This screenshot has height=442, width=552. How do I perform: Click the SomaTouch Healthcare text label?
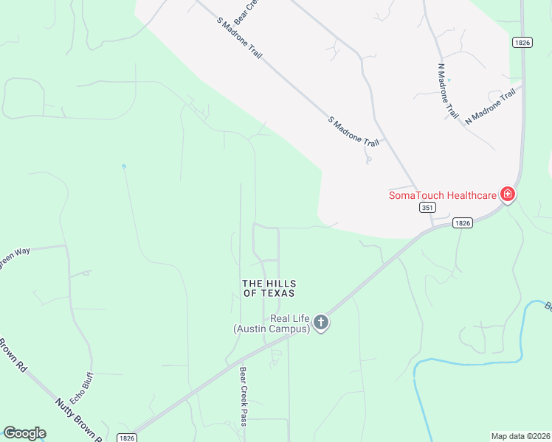(x=443, y=195)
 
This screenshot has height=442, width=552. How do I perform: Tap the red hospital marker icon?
(x=507, y=194)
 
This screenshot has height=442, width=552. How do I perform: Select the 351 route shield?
(x=427, y=208)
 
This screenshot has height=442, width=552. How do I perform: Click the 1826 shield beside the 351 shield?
(x=462, y=222)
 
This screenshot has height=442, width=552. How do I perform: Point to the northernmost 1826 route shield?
(x=523, y=43)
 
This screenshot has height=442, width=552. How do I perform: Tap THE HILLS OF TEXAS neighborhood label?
(x=269, y=288)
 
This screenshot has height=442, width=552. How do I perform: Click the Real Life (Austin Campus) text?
(x=271, y=323)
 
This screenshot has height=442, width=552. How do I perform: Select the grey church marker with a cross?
(x=320, y=322)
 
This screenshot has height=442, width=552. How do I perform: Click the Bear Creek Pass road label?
(x=243, y=396)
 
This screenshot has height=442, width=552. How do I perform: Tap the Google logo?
(x=25, y=433)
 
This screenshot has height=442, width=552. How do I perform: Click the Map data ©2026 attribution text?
(x=520, y=436)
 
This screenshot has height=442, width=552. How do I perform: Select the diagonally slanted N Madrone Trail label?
(x=490, y=106)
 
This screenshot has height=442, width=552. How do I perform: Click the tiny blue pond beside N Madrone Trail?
(x=449, y=80)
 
